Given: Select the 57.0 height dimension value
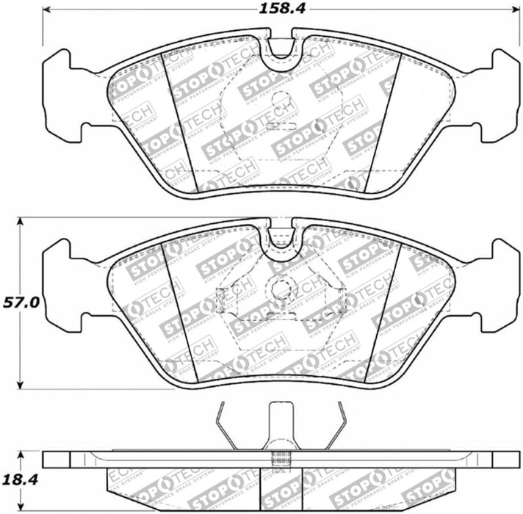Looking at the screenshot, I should (20, 301).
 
